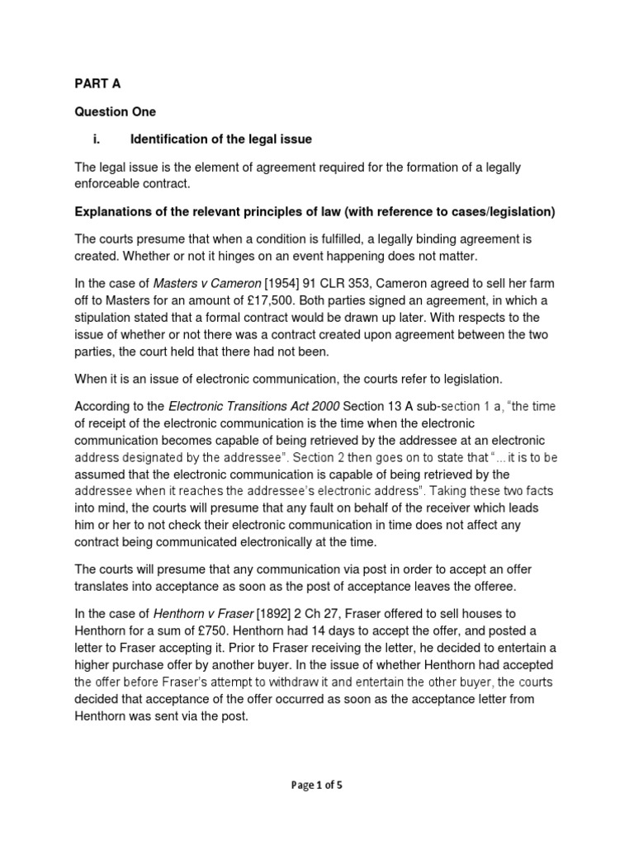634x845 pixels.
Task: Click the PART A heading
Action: [97, 83]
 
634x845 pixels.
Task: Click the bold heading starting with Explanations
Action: [315, 212]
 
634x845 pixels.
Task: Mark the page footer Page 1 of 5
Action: [317, 785]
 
